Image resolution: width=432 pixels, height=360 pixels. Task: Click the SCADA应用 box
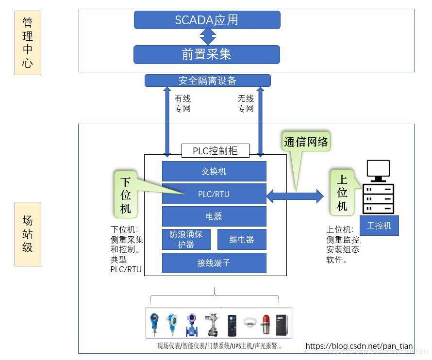[207, 20]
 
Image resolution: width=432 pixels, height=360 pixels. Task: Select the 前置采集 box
[207, 54]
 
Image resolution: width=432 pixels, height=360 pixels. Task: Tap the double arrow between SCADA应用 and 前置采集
[208, 37]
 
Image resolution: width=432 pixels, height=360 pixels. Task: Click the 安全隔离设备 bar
[207, 81]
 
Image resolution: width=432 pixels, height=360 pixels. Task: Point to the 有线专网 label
[183, 103]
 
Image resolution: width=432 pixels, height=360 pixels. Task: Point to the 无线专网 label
[246, 103]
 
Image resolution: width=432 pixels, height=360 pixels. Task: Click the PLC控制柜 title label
[215, 150]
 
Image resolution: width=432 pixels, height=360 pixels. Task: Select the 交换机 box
[214, 171]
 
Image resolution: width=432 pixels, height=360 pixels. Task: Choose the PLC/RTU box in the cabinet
[214, 194]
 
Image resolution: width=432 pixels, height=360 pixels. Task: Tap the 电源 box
[214, 216]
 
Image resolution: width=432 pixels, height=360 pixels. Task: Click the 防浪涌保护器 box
[186, 239]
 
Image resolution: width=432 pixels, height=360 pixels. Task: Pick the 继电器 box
[242, 239]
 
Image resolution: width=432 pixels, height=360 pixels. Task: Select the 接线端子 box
[214, 263]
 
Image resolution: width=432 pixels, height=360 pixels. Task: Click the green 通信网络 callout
[306, 142]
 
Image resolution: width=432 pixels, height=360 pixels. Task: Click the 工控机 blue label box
[379, 226]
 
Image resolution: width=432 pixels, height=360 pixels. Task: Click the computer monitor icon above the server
[378, 170]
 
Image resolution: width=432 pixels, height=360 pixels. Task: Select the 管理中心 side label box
[28, 43]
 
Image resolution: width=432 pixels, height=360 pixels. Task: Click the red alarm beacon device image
[266, 324]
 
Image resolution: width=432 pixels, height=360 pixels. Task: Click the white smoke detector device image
[250, 322]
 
